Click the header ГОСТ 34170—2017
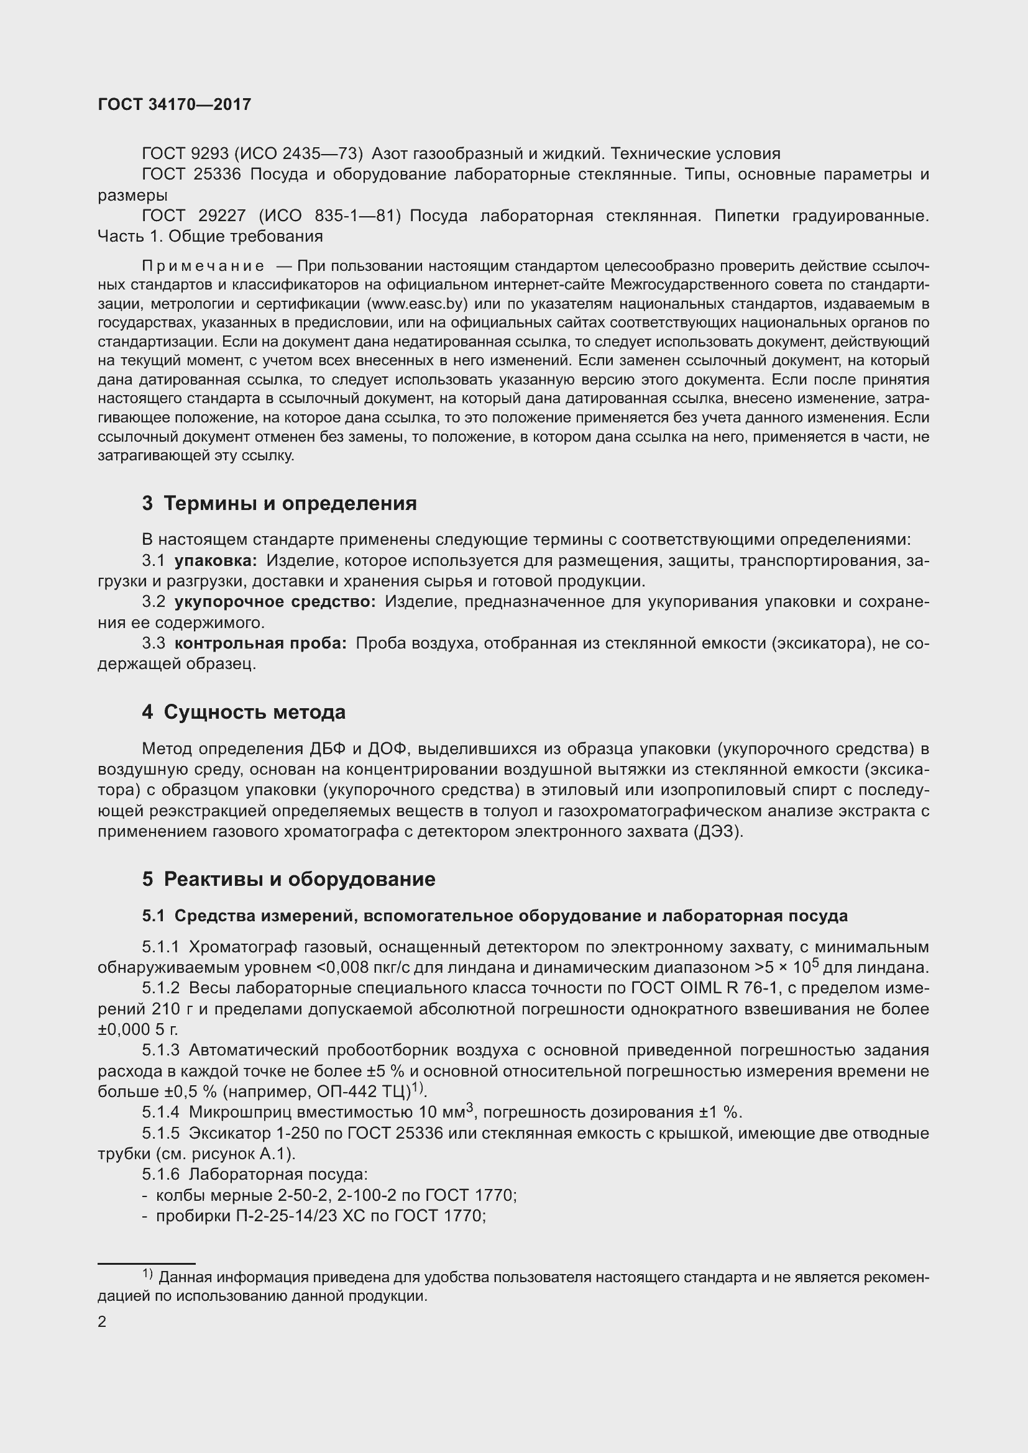point(174,104)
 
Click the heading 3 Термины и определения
point(279,503)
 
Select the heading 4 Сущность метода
point(244,712)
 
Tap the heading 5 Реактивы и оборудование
point(288,879)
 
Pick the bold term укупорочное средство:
point(275,602)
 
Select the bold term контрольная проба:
point(260,644)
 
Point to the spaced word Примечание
point(203,265)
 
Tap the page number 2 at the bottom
point(102,1322)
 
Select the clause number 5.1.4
point(160,1113)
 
